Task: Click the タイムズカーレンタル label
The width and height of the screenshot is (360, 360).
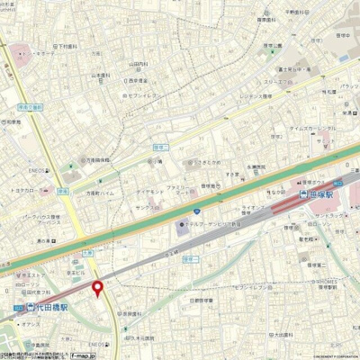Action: (x=310, y=129)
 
